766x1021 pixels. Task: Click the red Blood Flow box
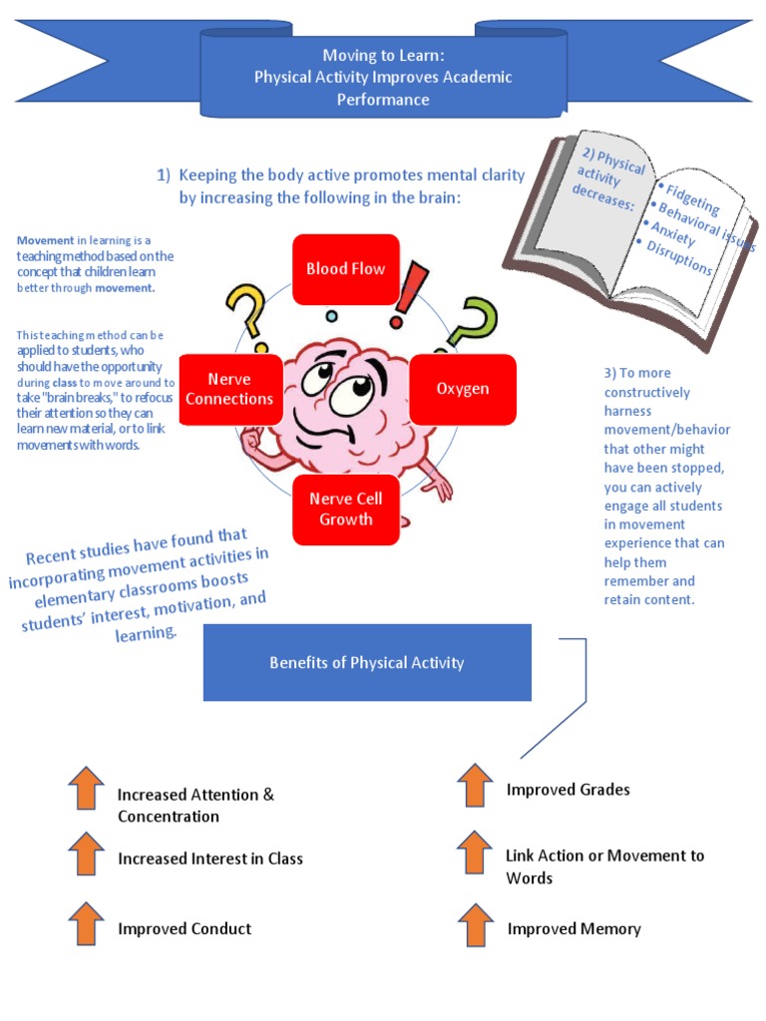pos(345,269)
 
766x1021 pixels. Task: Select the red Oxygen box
pos(463,389)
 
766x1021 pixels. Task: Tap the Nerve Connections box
pos(227,389)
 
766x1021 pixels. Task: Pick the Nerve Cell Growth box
pos(345,510)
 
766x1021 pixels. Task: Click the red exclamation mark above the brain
pos(409,294)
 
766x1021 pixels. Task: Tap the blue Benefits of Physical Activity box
pos(367,662)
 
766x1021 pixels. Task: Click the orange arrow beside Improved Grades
pos(475,785)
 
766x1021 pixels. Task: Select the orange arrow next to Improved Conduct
pos(87,923)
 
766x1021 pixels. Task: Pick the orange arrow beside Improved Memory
pos(475,924)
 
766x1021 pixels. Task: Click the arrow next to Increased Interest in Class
pos(87,853)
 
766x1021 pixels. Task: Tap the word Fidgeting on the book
pos(692,197)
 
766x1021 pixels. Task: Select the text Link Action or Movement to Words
pos(604,866)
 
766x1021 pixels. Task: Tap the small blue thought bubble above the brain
pos(331,316)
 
